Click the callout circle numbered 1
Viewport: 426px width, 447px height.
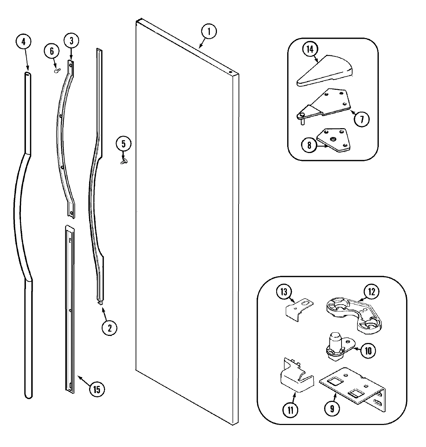coord(209,32)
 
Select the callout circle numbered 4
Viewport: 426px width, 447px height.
coord(23,42)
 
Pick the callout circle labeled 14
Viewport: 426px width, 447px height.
coord(310,50)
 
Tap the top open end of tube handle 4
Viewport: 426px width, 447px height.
coord(27,74)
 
